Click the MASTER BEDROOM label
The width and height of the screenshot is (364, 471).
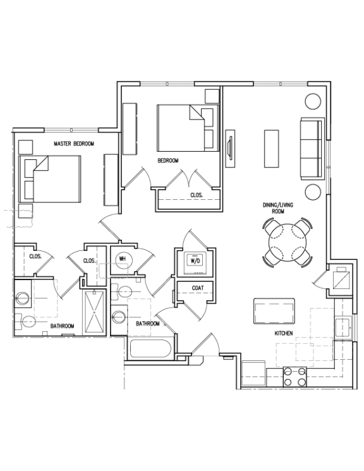(x=74, y=144)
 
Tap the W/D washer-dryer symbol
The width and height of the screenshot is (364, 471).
(x=195, y=260)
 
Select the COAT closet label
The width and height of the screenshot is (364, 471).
(x=198, y=288)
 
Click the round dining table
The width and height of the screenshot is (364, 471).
(x=288, y=243)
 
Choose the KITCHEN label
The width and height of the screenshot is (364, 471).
(x=284, y=333)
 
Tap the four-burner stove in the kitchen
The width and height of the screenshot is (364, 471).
(x=294, y=377)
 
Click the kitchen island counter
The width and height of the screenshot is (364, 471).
(x=274, y=311)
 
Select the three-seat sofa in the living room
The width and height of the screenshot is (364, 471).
(x=312, y=149)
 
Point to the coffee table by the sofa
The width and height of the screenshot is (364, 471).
(x=272, y=149)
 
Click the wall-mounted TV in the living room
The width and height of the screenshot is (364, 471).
(x=230, y=149)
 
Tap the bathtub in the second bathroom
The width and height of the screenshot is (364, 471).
(x=151, y=348)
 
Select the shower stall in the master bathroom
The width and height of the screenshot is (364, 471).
(x=94, y=312)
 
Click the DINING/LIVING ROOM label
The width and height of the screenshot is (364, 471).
(x=278, y=208)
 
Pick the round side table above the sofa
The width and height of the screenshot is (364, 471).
(x=313, y=101)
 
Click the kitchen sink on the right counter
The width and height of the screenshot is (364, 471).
(x=344, y=328)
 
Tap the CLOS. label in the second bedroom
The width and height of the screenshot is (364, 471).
(x=197, y=195)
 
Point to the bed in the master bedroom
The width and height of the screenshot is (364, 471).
(x=50, y=179)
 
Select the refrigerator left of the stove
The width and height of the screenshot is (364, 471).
(x=253, y=373)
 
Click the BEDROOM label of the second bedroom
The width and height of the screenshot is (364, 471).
(x=168, y=161)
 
